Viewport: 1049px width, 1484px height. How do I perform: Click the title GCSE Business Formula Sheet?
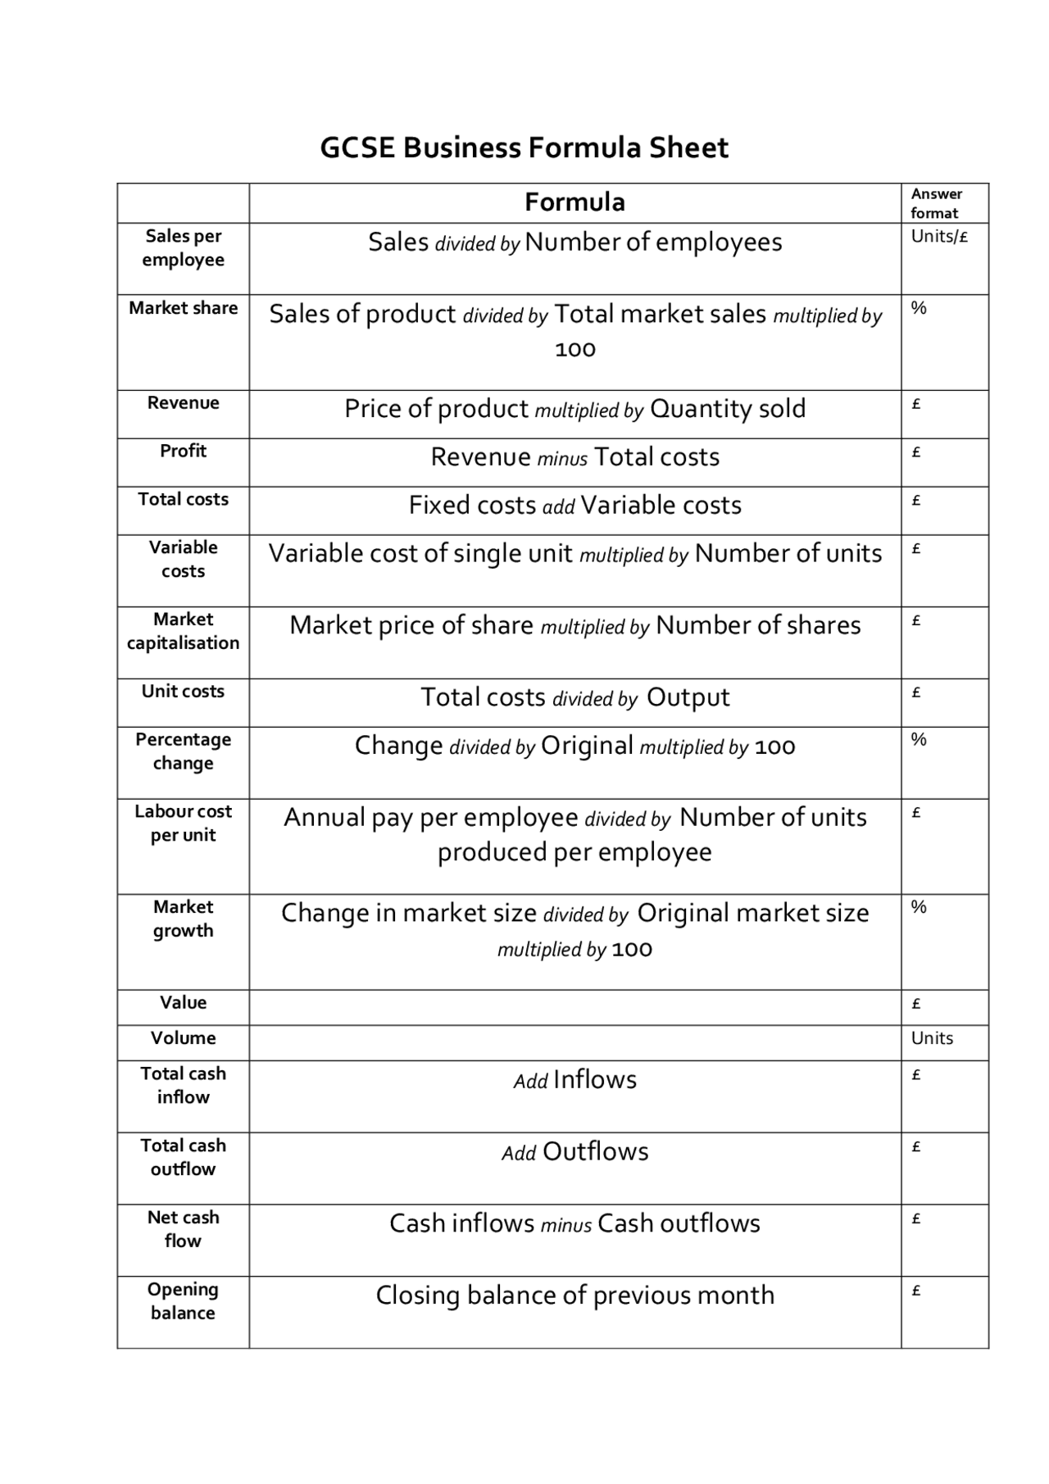(524, 148)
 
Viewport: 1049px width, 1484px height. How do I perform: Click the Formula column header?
(574, 202)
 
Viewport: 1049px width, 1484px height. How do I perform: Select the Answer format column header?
(936, 203)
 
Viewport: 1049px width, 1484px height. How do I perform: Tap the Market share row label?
(183, 308)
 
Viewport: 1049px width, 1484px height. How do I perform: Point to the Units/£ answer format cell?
(939, 237)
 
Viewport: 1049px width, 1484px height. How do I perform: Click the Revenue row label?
(183, 403)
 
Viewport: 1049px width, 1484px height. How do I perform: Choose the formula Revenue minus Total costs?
(574, 457)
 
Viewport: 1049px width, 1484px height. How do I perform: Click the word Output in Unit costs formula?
(688, 697)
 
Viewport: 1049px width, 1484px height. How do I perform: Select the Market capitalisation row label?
(183, 631)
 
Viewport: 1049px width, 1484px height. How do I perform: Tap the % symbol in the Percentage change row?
(919, 740)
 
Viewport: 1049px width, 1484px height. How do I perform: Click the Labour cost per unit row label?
(183, 823)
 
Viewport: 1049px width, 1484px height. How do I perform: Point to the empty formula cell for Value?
(574, 1007)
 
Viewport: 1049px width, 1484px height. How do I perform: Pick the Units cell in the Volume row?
(932, 1038)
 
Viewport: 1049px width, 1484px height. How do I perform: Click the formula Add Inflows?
(574, 1080)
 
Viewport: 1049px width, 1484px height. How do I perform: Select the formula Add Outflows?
(574, 1152)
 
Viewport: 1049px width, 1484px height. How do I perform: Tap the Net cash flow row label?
(183, 1229)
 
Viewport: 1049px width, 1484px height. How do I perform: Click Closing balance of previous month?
(574, 1296)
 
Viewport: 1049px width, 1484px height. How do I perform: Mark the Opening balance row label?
(183, 1301)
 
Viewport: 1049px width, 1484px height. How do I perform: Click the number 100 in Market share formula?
(574, 350)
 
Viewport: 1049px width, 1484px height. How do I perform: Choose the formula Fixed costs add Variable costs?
(574, 506)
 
